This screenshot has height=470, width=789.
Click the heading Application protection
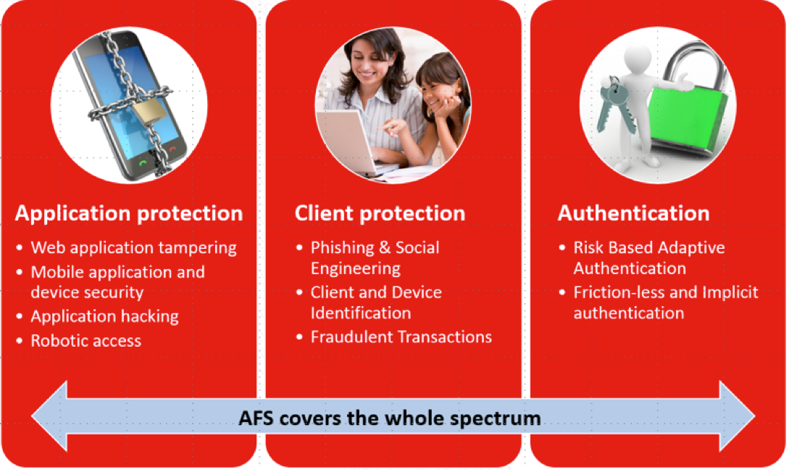[129, 213]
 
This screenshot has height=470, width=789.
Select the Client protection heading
[380, 213]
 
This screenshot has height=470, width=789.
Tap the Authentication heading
[633, 213]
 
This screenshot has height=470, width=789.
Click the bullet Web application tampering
[133, 248]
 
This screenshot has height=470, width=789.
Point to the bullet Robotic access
[86, 341]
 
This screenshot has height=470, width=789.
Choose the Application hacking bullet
[104, 316]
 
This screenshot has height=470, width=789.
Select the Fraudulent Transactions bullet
[401, 337]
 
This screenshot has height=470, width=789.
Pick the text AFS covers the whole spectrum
[390, 418]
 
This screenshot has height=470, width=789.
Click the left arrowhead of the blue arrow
[49, 416]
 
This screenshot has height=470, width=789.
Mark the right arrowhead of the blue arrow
[737, 416]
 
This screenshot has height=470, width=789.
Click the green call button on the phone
[143, 162]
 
